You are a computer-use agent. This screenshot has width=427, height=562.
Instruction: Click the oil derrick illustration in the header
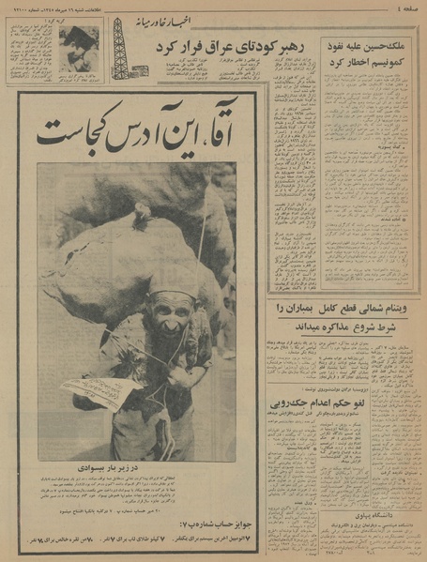(x=120, y=46)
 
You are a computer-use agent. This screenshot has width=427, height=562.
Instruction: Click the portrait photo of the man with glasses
(x=78, y=47)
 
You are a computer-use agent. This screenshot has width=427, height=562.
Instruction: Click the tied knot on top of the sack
(x=141, y=216)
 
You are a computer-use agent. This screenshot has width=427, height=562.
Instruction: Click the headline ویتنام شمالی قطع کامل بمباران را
(x=340, y=307)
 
